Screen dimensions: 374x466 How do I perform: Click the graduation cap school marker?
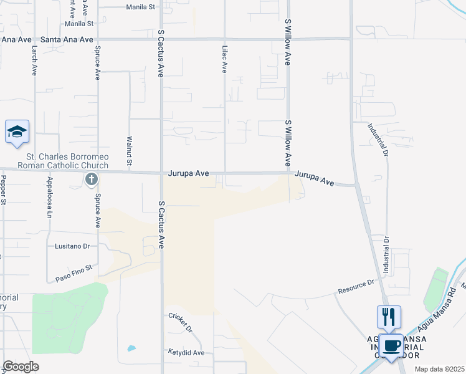pos(17,132)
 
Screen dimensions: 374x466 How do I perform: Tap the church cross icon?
pos(92,180)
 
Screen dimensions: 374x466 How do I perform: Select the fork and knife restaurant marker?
pos(389,317)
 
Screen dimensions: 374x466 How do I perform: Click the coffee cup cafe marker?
pos(392,345)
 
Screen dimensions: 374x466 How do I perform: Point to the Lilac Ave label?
pos(224,58)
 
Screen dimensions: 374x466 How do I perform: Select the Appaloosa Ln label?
pos(49,198)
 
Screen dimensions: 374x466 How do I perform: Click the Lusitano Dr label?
pos(72,246)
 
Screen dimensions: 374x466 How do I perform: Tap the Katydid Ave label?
pos(186,352)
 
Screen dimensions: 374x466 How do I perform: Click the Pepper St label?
pos(3,189)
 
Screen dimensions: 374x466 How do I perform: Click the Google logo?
pos(21,366)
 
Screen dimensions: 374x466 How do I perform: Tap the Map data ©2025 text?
pos(439,369)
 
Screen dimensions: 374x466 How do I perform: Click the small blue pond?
pos(131,348)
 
